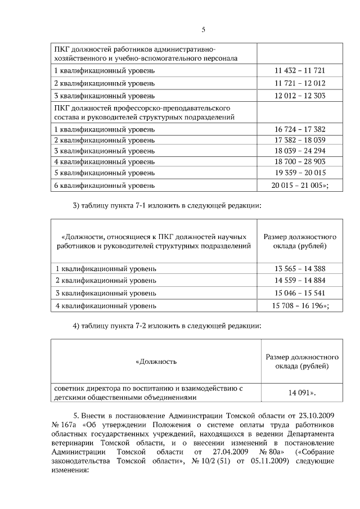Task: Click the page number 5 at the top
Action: [x=204, y=30]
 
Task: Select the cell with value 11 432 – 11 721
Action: [x=300, y=71]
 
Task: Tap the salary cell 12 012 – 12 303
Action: [x=300, y=96]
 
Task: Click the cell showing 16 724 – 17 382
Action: [x=300, y=129]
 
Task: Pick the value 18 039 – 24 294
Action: [x=300, y=151]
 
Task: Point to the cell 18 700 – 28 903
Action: [x=300, y=161]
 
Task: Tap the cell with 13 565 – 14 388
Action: [x=300, y=269]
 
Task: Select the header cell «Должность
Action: [x=156, y=361]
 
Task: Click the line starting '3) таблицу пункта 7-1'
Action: [x=167, y=206]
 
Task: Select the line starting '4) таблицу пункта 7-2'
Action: [x=167, y=326]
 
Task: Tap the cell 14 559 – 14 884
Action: [x=300, y=281]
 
